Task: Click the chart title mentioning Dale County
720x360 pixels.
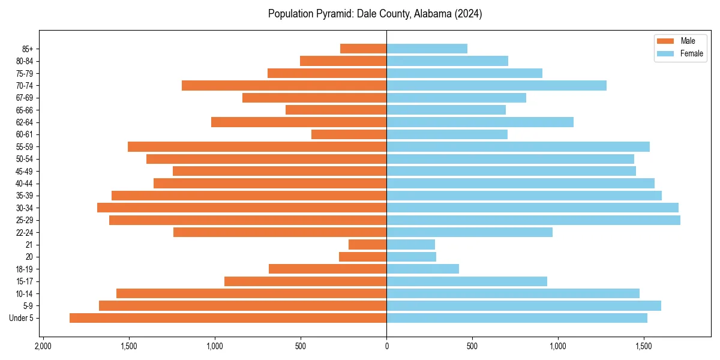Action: point(375,14)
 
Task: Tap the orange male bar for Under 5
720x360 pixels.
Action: point(228,318)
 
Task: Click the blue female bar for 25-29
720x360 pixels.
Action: point(533,220)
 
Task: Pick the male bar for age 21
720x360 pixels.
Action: point(367,245)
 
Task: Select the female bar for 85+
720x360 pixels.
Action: point(427,49)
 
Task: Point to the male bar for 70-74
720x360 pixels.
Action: point(284,85)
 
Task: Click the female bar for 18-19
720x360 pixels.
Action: point(422,269)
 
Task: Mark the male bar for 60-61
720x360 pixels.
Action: point(349,134)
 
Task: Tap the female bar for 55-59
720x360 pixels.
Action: point(518,147)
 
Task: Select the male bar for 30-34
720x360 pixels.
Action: point(242,208)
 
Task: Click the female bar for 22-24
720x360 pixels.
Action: point(469,232)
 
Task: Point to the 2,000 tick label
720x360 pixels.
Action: point(43,347)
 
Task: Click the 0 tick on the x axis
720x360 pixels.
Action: point(386,347)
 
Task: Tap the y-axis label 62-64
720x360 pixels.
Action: point(25,122)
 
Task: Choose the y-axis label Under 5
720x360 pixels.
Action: point(21,318)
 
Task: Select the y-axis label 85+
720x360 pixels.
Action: point(27,49)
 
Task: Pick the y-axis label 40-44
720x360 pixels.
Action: point(25,184)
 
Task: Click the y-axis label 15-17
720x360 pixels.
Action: point(25,281)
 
